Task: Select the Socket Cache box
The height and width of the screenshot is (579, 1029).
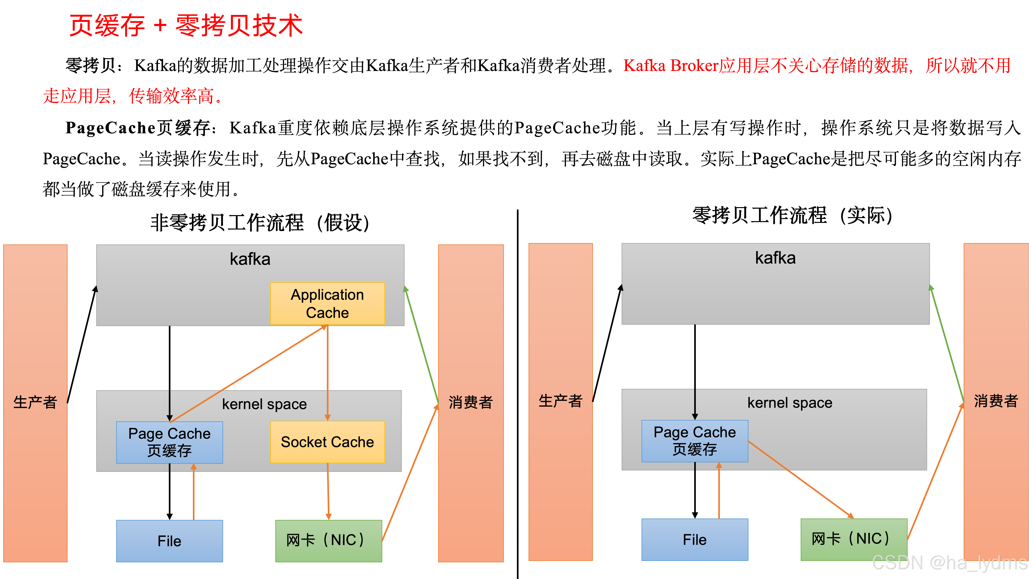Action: click(x=327, y=442)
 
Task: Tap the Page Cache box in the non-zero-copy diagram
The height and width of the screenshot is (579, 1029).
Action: click(x=169, y=442)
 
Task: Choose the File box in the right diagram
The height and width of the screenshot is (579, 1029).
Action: click(x=695, y=539)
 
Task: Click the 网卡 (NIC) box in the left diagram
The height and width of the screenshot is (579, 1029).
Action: click(x=328, y=541)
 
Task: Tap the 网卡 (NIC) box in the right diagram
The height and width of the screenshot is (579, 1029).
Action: click(x=854, y=539)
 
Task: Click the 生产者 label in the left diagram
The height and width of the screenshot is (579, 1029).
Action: click(x=35, y=402)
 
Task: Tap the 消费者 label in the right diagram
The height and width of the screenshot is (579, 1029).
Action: click(x=995, y=401)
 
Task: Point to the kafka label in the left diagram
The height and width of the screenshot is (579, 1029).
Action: click(x=250, y=259)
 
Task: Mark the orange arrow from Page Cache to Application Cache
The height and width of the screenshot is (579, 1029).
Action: click(x=248, y=374)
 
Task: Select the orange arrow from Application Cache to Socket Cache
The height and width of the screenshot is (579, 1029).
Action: click(x=328, y=372)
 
